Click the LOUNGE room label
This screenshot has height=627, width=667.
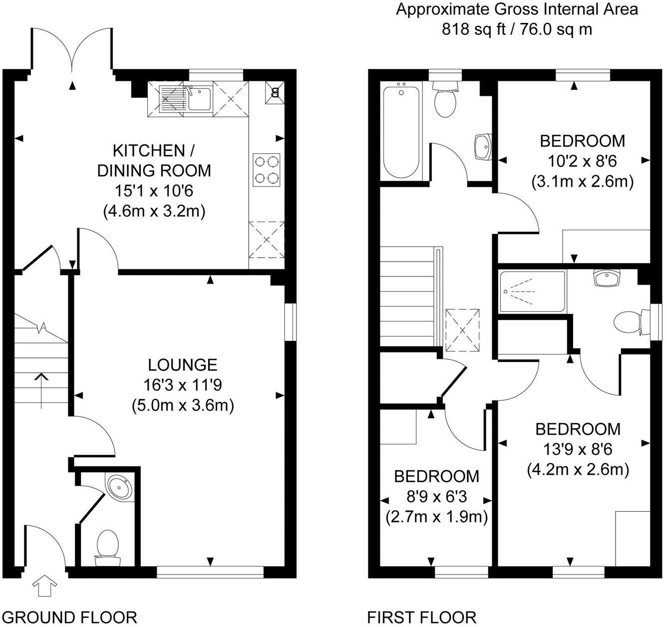(x=183, y=365)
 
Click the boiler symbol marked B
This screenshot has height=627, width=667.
(x=274, y=92)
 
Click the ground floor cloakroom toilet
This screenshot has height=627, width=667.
(x=107, y=547)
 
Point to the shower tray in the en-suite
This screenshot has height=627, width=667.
(x=532, y=291)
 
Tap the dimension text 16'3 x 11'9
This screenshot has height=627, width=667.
(x=183, y=385)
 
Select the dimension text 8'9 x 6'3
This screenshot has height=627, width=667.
(x=436, y=497)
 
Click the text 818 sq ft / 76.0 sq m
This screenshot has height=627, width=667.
(x=517, y=29)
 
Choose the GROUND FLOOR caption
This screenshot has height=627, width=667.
(x=73, y=617)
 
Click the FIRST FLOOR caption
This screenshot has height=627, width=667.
(x=421, y=617)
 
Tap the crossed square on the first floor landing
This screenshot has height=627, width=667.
(x=463, y=330)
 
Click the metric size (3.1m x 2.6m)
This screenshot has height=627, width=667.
(x=582, y=181)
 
